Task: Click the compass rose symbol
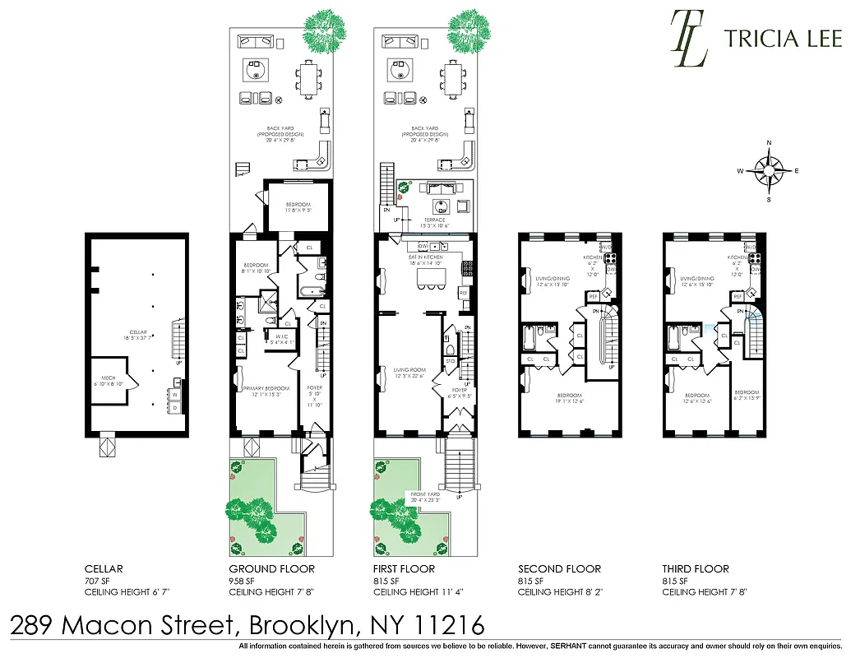(x=769, y=171)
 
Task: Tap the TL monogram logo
(x=689, y=38)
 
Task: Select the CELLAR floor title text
(x=105, y=568)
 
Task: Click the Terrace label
(x=433, y=220)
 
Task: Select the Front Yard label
(x=426, y=496)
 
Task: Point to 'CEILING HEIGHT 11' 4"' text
(x=416, y=592)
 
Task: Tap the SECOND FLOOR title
(x=559, y=568)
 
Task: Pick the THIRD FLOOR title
(x=696, y=568)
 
